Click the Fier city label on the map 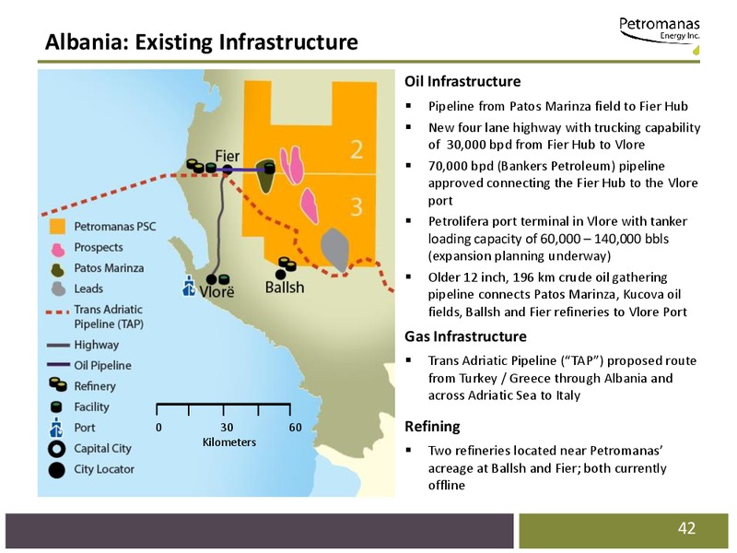[x=228, y=156]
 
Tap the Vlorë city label [x=216, y=291]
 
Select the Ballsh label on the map [x=285, y=287]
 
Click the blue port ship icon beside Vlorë [x=189, y=286]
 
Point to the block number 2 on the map [x=357, y=149]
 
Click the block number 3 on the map [x=357, y=206]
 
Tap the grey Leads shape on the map [x=334, y=250]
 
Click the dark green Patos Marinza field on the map [x=265, y=176]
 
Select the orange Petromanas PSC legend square [x=57, y=226]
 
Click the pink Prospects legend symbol [x=57, y=250]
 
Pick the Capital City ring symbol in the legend [x=57, y=449]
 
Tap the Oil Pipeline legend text [x=102, y=365]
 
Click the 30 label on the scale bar [x=227, y=427]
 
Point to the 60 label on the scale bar [x=295, y=427]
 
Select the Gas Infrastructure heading [x=465, y=336]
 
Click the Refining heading [x=432, y=427]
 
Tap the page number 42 [x=686, y=528]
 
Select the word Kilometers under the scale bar [x=229, y=442]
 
